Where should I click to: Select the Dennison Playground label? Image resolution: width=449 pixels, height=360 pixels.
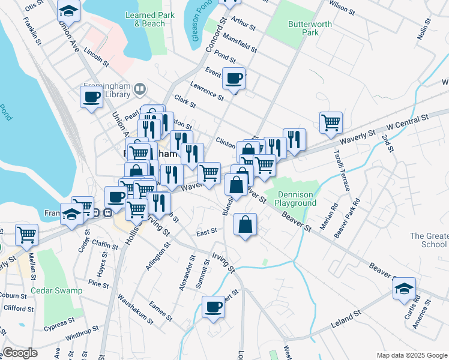295,199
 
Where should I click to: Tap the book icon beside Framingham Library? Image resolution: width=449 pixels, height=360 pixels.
140,90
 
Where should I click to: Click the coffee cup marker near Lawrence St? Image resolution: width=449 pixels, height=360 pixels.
234,78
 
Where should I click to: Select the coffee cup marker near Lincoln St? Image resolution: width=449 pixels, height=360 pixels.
92,97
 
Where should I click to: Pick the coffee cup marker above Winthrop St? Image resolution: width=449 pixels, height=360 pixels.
213,308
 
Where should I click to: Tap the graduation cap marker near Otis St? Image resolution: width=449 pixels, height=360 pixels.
69,10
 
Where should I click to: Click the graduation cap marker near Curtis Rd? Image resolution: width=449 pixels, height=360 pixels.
405,289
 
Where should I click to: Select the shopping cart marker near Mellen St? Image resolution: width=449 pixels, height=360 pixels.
26,235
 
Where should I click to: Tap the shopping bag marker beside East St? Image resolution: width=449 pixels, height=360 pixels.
246,226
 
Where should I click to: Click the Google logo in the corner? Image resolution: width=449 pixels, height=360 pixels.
20,353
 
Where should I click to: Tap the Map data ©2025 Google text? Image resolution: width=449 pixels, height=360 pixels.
411,355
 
